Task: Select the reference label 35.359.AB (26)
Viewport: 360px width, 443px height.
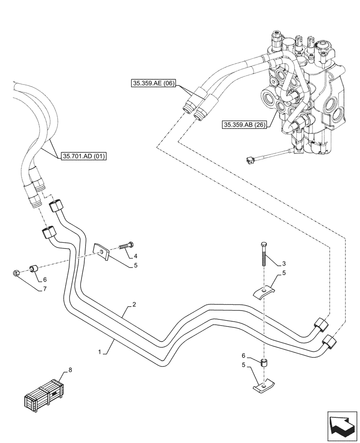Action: [244, 125]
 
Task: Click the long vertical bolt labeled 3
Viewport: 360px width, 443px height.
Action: [264, 254]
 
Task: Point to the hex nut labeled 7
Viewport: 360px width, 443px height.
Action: [16, 274]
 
